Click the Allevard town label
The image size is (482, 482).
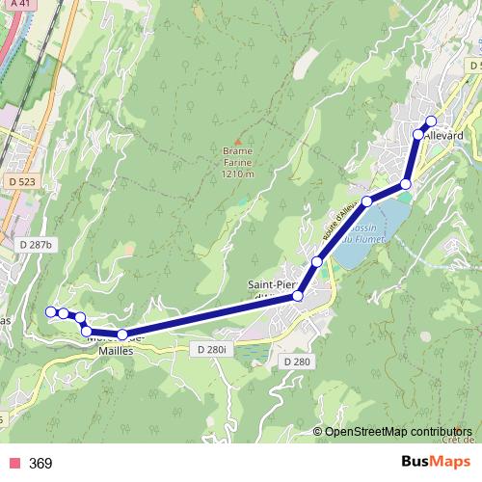pyautogui.click(x=443, y=136)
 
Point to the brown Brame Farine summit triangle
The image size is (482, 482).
pyautogui.click(x=237, y=140)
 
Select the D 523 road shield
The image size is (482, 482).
pyautogui.click(x=19, y=181)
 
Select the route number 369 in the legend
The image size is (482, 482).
pyautogui.click(x=40, y=464)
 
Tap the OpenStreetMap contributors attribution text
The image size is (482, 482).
pyautogui.click(x=398, y=431)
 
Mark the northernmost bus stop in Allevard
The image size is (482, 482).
pyautogui.click(x=430, y=120)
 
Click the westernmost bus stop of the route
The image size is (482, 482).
pyautogui.click(x=51, y=311)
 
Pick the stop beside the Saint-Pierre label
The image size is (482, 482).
pyautogui.click(x=298, y=296)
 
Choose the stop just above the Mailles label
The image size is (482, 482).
pyautogui.click(x=122, y=335)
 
